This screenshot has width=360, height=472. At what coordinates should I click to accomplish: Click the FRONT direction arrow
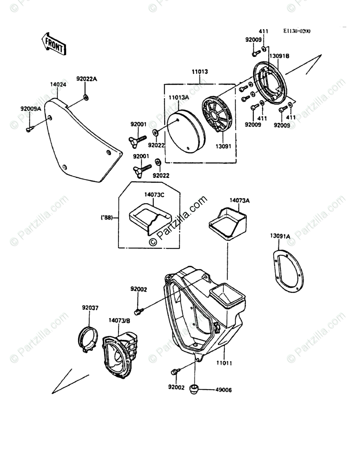click(x=54, y=43)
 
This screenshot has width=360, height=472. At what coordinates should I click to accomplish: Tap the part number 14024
click(x=58, y=85)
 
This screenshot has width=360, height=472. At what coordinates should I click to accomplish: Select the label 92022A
click(x=87, y=79)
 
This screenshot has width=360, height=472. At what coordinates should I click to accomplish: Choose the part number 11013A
click(x=179, y=98)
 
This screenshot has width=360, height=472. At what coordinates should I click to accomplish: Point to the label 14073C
click(x=155, y=195)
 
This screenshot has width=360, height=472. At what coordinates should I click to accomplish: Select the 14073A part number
click(x=240, y=200)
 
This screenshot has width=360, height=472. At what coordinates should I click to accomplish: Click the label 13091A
click(x=280, y=236)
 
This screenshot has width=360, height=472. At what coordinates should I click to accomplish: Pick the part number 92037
click(x=90, y=308)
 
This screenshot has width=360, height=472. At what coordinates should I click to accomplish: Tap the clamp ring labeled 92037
click(x=87, y=339)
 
